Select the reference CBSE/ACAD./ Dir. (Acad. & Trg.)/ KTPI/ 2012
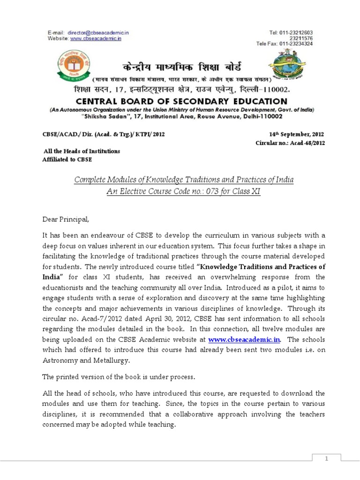[x=104, y=134]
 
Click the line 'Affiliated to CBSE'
[x=67, y=159]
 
